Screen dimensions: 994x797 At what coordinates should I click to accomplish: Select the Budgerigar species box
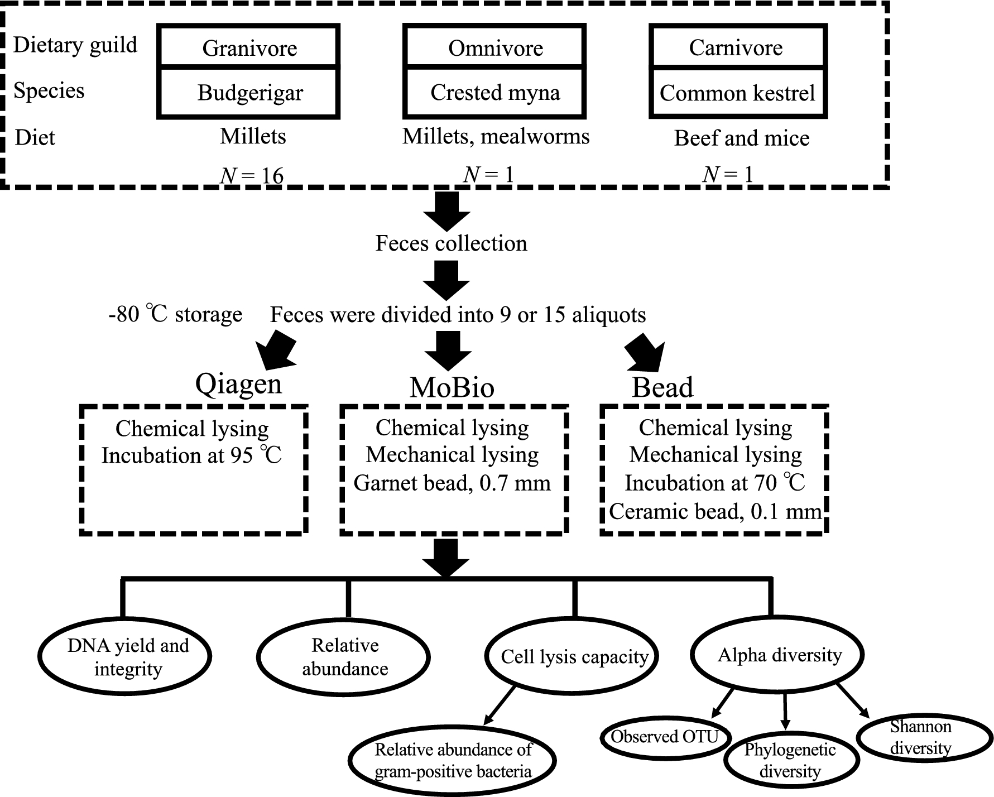249,92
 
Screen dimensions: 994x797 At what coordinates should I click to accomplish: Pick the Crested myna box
495,92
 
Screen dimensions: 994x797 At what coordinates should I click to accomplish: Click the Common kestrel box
738,92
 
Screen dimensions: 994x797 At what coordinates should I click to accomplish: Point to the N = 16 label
252,175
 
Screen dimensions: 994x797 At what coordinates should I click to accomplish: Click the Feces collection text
451,243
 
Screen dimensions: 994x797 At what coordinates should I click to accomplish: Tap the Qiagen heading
238,385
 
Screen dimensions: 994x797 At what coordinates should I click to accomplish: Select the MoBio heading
452,387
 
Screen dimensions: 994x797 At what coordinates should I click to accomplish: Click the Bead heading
662,387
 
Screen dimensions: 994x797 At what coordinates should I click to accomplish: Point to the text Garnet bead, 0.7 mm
452,483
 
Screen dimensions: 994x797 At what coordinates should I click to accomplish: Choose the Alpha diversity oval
778,655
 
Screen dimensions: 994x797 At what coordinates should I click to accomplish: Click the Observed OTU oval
665,737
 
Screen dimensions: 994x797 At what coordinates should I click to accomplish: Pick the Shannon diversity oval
921,738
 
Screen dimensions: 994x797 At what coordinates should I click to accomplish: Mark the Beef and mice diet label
742,138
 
